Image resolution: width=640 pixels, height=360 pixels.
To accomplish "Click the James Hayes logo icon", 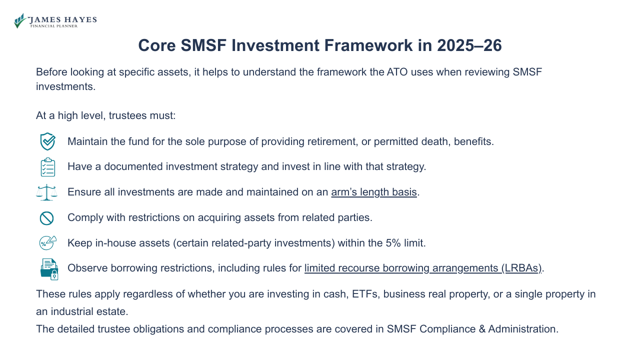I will point(20,20).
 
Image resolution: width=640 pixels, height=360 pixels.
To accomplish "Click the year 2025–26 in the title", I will point(469,45).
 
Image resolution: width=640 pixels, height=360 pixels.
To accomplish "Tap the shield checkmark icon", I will point(47,141).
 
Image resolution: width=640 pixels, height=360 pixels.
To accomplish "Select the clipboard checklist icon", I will point(47,167).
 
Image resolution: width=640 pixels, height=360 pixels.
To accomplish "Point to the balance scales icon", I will point(47,192).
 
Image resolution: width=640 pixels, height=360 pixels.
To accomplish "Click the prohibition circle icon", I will point(46,218).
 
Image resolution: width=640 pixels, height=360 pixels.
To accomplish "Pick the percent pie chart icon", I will point(47,243).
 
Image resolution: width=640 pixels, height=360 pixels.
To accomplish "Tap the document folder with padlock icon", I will point(49,269).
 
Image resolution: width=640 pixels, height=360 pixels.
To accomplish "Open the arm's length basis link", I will point(374,192).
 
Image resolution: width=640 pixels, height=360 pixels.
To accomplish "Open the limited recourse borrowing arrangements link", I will point(423,268).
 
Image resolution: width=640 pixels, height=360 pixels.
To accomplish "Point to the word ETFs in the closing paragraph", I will point(362,294).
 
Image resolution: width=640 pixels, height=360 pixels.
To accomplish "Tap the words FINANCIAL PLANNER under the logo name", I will point(54,26).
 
